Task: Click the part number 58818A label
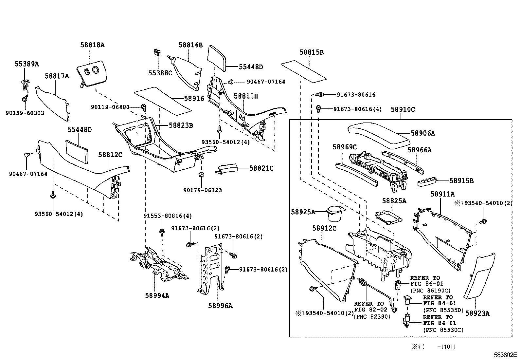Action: (x=92, y=45)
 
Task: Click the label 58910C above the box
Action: (x=403, y=110)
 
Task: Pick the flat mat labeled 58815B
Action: (x=304, y=70)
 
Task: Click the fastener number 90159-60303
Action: (x=25, y=113)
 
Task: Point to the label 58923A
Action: (x=477, y=313)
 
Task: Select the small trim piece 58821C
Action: (x=227, y=169)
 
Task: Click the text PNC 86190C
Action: (x=430, y=291)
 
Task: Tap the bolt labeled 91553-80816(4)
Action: (x=162, y=232)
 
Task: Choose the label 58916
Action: (x=194, y=98)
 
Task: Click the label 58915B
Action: (x=461, y=181)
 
